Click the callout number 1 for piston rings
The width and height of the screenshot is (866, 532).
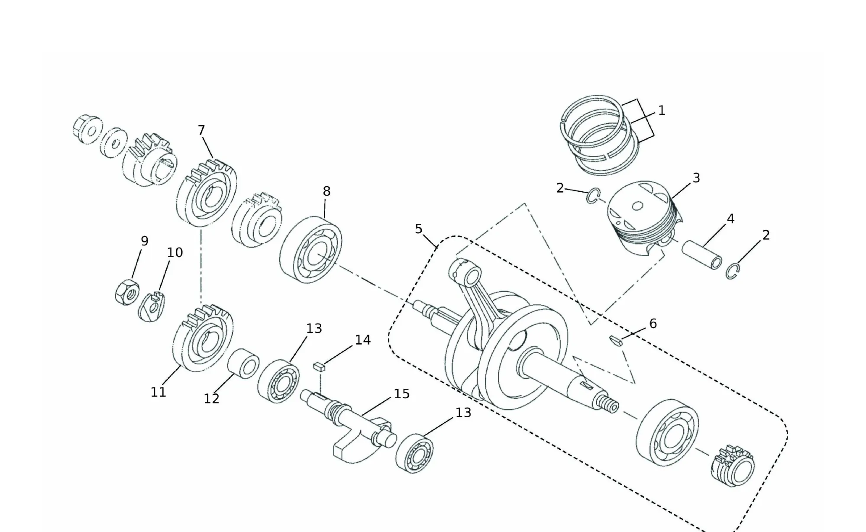[661, 111]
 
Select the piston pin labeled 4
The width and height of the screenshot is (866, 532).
[702, 255]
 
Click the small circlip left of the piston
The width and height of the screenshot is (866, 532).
[592, 196]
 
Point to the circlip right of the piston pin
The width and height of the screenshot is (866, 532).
[732, 271]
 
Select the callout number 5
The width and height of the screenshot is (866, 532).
[418, 229]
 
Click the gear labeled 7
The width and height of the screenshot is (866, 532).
[207, 193]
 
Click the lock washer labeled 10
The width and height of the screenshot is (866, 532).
[152, 306]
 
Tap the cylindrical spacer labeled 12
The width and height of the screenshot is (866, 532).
[243, 364]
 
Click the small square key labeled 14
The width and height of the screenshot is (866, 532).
[319, 367]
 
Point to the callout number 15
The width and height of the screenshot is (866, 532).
[401, 394]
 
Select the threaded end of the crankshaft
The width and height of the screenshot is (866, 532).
[608, 404]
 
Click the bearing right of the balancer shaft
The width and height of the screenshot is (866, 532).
[414, 453]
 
